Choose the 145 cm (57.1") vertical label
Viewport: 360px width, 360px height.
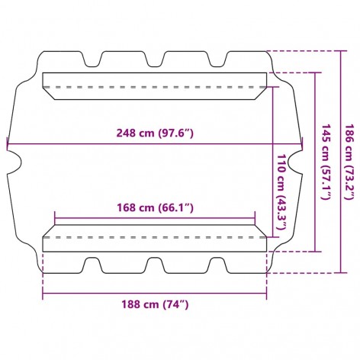tap(326, 162)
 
